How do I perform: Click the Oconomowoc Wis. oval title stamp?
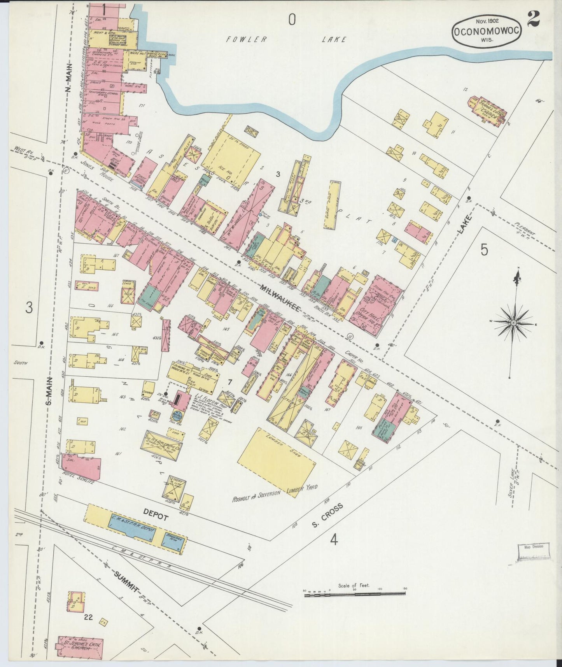[x=486, y=31]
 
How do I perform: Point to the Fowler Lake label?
[x=286, y=39]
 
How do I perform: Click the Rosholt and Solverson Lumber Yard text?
[x=275, y=493]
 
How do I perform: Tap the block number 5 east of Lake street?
[x=484, y=249]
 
